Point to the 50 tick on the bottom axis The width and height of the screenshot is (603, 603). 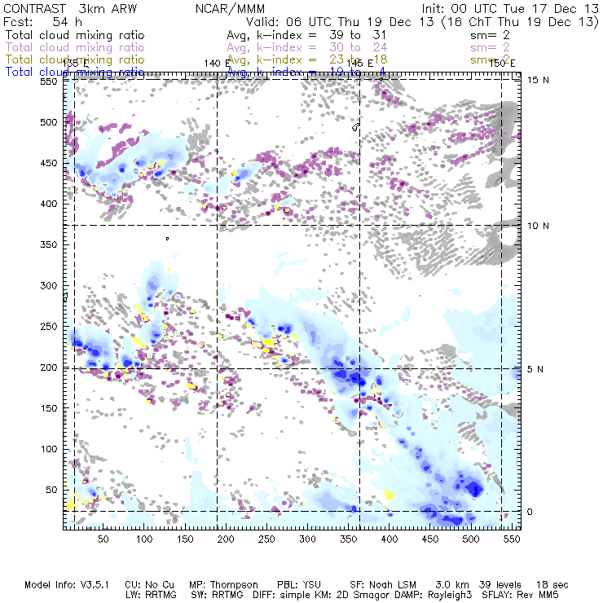click(x=103, y=539)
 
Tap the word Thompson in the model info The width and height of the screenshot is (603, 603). click(x=238, y=585)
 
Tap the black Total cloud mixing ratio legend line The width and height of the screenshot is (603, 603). click(x=75, y=36)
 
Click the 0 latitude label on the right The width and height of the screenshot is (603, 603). click(x=529, y=512)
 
